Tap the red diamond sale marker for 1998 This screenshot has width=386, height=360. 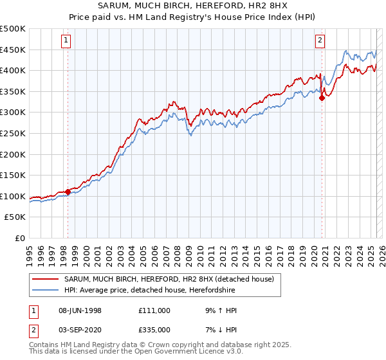point(68,192)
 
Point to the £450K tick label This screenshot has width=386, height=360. point(14,50)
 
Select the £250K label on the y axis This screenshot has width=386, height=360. point(14,134)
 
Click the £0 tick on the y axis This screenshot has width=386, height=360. point(21,239)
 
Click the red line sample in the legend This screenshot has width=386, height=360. point(46,279)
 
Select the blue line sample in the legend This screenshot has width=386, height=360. point(46,290)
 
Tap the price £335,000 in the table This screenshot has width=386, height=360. point(154,329)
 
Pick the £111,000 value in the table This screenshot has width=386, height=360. point(154,310)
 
